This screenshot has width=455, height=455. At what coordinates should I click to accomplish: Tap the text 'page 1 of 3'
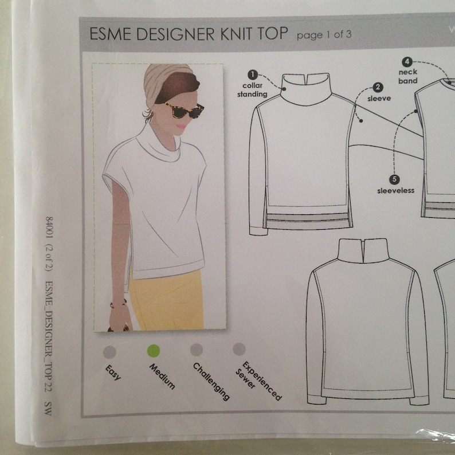tap(324, 35)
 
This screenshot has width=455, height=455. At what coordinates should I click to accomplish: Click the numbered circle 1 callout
tap(252, 74)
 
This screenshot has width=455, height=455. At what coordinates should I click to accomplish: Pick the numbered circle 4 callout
tap(407, 61)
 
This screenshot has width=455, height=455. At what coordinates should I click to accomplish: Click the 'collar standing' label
tap(252, 90)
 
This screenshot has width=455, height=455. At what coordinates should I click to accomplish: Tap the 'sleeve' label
tap(379, 99)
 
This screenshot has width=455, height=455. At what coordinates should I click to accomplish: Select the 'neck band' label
tap(408, 77)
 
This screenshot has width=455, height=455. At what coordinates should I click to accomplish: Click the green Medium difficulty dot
tap(153, 351)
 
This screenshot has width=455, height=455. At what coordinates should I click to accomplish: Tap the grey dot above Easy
tap(109, 351)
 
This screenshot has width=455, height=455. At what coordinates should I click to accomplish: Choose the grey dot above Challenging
tap(197, 350)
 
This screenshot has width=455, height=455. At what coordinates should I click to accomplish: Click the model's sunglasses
tap(185, 111)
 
